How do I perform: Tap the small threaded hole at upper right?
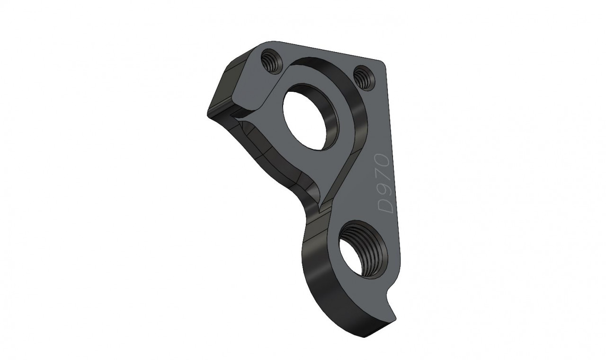click(364, 78)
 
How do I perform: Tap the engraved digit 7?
click(384, 175)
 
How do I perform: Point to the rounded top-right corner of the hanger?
click(382, 63)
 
